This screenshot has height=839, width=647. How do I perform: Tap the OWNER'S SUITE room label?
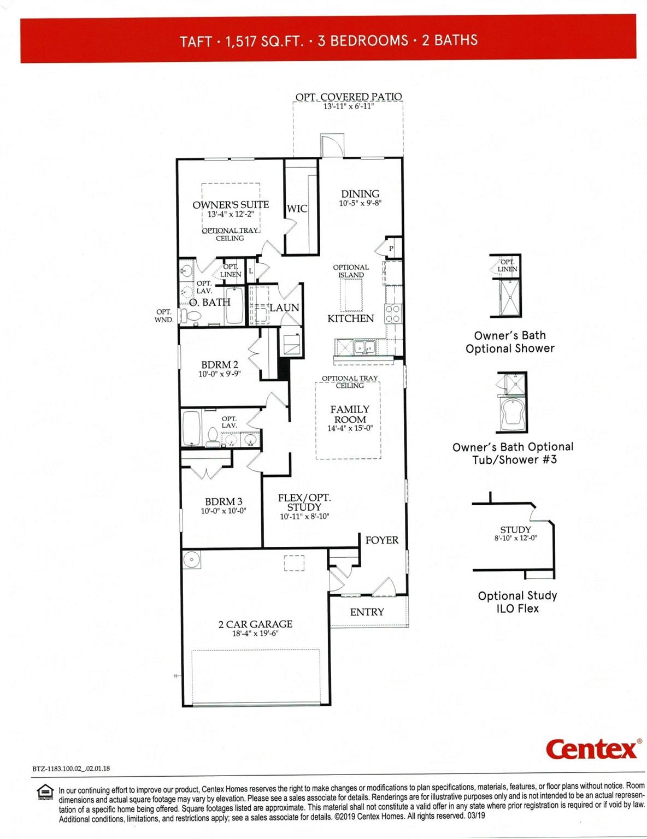pos(231,205)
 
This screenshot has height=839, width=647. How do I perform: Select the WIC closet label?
pos(297,209)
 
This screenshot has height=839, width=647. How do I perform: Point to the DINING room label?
pos(360,194)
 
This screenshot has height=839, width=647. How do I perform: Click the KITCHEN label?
pos(350,318)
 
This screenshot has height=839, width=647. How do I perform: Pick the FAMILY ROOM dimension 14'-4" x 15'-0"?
pos(350,428)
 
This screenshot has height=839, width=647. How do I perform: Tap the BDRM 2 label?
pos(220,365)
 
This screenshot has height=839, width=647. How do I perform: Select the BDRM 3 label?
pos(223,501)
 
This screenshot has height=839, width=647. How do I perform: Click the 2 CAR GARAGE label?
pos(255,624)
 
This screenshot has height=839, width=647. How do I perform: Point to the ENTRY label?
pos(367,612)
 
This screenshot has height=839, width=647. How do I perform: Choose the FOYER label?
pos(381,540)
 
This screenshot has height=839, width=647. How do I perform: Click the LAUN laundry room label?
pos(284,308)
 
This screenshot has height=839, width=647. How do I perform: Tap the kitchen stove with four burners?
pos(393,314)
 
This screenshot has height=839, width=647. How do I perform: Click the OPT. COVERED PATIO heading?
pos(349,97)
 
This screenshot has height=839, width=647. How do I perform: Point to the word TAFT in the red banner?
pos(196,42)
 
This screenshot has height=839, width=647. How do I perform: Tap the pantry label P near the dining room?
pos(391,249)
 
